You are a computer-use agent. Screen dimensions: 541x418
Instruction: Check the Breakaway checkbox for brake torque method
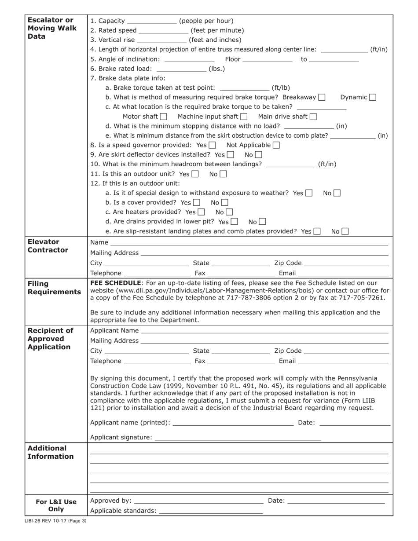pyautogui.click(x=322, y=97)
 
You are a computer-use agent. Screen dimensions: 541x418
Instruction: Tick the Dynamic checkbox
pyautogui.click(x=373, y=97)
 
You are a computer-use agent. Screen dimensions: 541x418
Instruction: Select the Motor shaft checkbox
pyautogui.click(x=164, y=117)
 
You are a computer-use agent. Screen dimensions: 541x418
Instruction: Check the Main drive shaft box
pyautogui.click(x=313, y=117)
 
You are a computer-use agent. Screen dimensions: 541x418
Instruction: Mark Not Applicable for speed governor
pyautogui.click(x=276, y=145)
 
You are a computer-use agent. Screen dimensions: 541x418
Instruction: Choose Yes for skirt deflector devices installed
pyautogui.click(x=231, y=155)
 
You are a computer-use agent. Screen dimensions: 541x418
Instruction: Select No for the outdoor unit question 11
pyautogui.click(x=224, y=174)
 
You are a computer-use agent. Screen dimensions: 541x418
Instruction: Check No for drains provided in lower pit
pyautogui.click(x=263, y=222)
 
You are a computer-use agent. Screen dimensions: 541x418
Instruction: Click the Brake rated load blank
pyautogui.click(x=181, y=69)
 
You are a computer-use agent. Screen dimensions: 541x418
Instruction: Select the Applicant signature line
pyautogui.click(x=238, y=439)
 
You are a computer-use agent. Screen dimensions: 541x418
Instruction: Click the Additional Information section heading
pyautogui.click(x=51, y=452)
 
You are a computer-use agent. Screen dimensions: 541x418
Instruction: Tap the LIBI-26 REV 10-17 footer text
pyautogui.click(x=55, y=521)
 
